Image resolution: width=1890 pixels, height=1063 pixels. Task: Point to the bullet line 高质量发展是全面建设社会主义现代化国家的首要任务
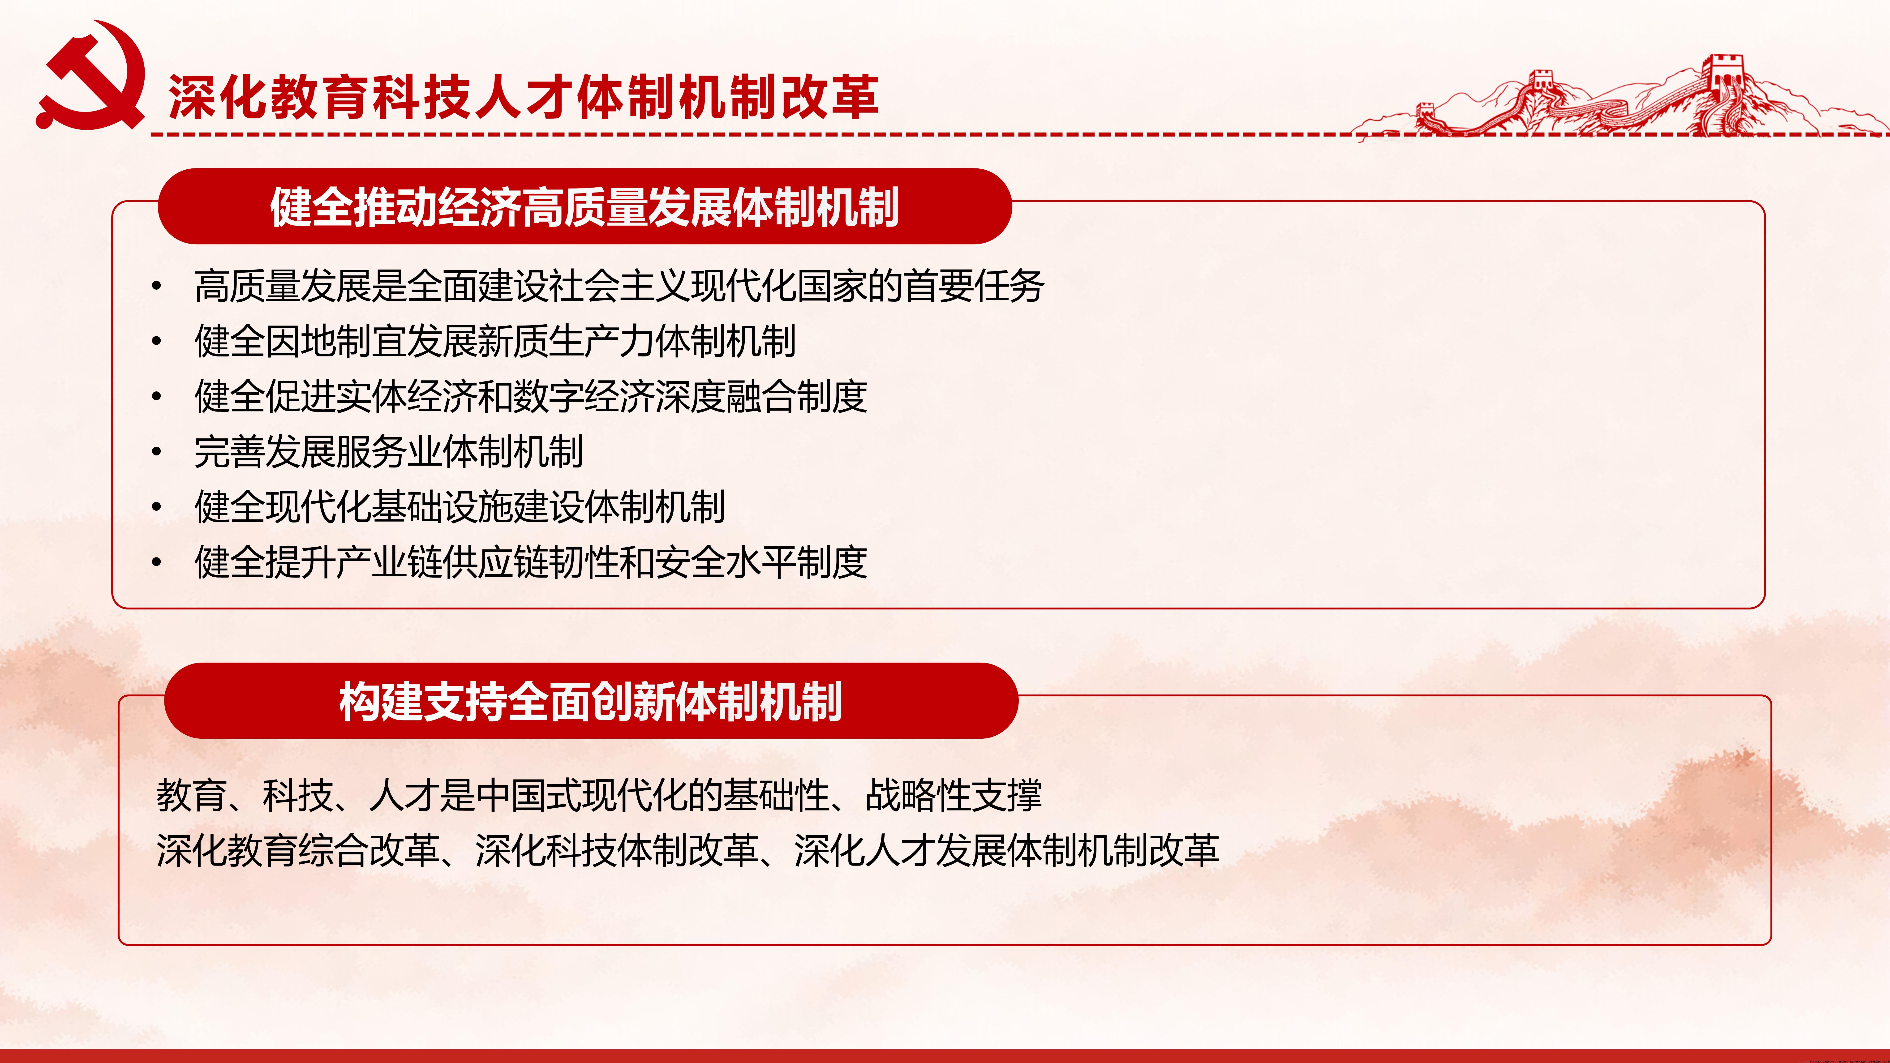tap(619, 286)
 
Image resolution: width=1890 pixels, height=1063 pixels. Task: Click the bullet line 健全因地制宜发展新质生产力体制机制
tap(494, 341)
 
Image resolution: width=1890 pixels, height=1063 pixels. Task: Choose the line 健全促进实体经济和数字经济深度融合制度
tap(530, 397)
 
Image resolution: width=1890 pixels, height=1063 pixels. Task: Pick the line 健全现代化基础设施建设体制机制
tap(459, 507)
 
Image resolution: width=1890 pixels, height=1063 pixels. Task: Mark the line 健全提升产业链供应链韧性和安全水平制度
tap(530, 563)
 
